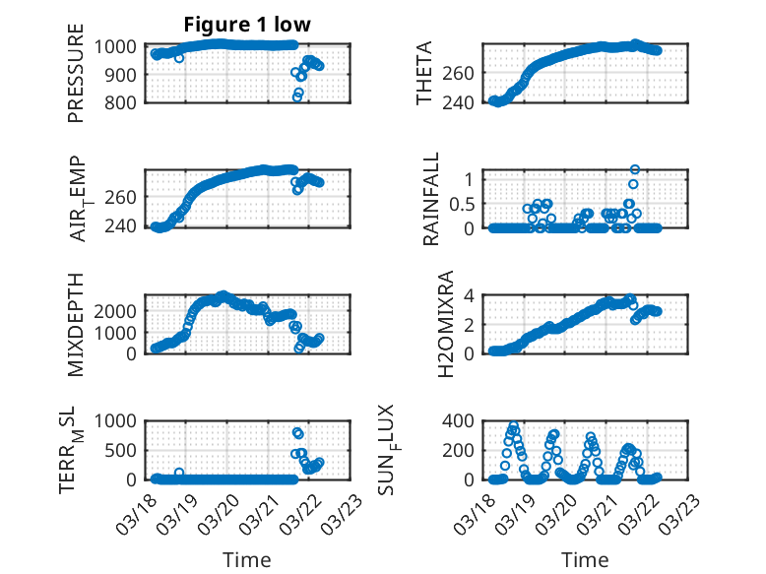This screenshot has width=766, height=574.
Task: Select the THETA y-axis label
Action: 423,73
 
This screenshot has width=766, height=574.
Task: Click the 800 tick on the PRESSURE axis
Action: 122,101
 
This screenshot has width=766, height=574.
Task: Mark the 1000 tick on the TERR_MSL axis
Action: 117,420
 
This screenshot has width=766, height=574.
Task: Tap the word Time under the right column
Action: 585,559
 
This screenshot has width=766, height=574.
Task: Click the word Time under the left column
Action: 247,559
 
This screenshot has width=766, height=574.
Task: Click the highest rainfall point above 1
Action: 635,170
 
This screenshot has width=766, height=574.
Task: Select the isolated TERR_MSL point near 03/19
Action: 179,473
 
